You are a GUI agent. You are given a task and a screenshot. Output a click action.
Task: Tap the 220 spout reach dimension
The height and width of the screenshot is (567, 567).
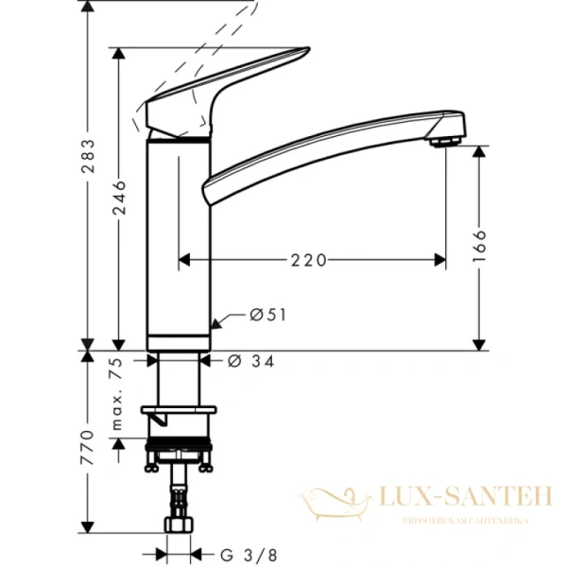pos(309,258)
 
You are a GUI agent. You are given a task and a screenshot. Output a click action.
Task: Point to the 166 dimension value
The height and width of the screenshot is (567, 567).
pos(479,248)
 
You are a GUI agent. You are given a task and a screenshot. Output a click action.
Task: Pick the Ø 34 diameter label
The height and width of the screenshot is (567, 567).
pos(251,360)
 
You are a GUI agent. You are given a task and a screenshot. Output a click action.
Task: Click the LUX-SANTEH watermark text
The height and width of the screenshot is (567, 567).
pos(455,496)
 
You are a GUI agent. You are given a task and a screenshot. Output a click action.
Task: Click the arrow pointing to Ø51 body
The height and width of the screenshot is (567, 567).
pos(217,323)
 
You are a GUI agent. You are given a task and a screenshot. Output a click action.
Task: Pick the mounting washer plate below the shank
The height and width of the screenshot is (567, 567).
pos(178,411)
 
